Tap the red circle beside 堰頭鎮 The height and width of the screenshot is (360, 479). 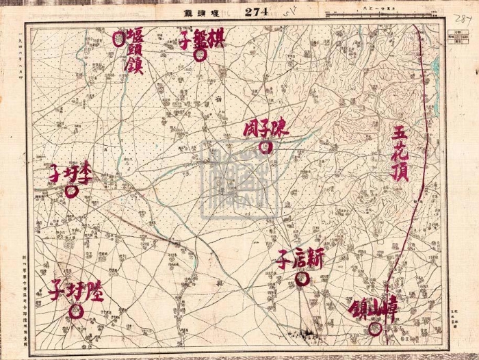[119, 38]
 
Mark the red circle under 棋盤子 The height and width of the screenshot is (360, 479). [200, 55]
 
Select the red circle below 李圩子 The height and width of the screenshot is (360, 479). [71, 192]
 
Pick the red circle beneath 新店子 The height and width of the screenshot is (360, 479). [301, 278]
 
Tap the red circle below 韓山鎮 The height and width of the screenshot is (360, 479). [375, 329]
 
